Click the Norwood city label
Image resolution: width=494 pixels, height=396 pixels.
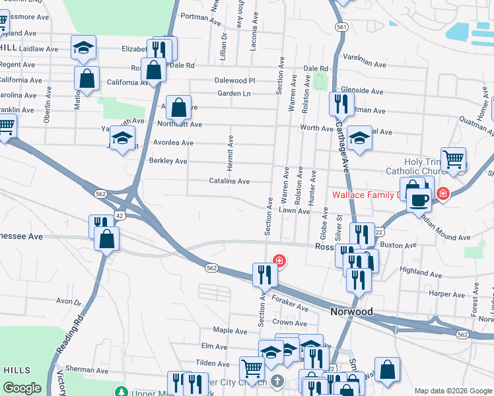[x=351, y=312]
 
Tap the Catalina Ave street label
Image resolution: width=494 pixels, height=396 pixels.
[x=229, y=181]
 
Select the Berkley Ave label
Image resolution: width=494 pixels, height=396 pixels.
[x=168, y=161]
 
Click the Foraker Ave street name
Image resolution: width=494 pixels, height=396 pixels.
[x=290, y=307]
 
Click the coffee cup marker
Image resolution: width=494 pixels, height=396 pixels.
[x=419, y=199]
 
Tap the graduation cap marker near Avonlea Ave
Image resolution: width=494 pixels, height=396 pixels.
[x=122, y=139]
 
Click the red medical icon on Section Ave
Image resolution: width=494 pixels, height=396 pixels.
[x=279, y=261]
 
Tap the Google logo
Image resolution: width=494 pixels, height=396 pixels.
[x=22, y=388]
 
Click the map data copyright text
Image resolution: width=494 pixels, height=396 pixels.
[x=452, y=391]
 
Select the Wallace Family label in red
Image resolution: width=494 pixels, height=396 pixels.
[x=366, y=195]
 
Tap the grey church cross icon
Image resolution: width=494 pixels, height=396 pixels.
[x=277, y=381]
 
